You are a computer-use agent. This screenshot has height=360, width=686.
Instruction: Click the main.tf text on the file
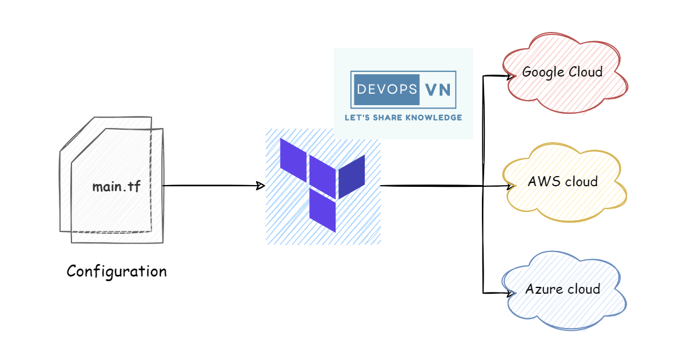(x=116, y=186)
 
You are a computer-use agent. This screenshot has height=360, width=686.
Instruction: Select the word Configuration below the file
(x=117, y=271)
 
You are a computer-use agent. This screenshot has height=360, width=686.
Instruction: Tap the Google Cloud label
(x=563, y=72)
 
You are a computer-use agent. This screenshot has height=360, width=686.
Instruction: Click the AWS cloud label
(x=563, y=182)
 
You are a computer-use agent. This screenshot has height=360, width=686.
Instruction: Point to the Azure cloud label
(x=563, y=289)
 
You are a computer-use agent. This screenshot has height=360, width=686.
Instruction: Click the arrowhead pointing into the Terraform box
(x=260, y=186)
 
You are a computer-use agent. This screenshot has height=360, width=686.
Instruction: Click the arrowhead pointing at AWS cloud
(x=509, y=186)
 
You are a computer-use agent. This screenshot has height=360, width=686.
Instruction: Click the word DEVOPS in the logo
(x=386, y=89)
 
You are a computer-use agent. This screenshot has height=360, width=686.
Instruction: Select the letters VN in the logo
(x=438, y=89)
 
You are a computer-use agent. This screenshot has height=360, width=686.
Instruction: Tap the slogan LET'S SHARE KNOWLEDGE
(x=403, y=117)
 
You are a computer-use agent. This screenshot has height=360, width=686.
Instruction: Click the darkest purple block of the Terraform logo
(x=352, y=176)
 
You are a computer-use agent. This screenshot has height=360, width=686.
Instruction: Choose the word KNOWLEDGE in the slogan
(x=436, y=117)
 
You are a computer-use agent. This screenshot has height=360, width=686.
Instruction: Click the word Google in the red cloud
(x=543, y=72)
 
